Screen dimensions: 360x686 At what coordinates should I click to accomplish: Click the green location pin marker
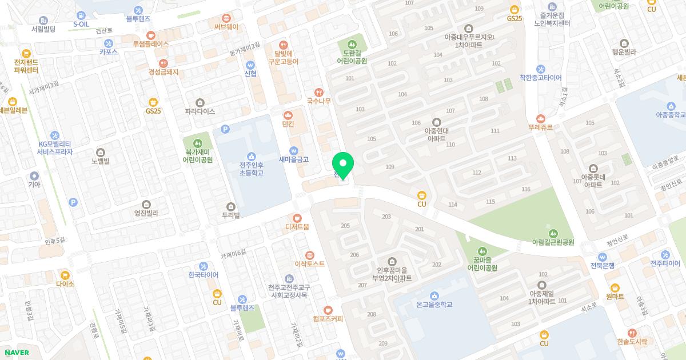click(x=343, y=165)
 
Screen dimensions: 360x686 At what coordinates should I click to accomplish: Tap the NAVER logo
click(x=16, y=353)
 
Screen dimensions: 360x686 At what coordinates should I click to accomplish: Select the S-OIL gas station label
click(x=81, y=25)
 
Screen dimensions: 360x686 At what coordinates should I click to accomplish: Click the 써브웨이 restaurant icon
click(x=226, y=18)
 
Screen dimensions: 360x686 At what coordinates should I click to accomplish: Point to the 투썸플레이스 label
click(x=151, y=43)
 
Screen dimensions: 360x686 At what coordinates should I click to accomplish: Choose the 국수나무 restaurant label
click(x=319, y=101)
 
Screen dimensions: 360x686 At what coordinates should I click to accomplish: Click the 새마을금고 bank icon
click(x=293, y=150)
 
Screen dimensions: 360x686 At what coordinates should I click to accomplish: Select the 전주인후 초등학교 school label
click(x=252, y=169)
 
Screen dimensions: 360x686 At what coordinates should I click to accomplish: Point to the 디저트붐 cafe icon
click(x=297, y=218)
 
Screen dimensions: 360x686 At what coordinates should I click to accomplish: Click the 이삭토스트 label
click(x=309, y=264)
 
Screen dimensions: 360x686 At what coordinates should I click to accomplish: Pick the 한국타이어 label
click(x=203, y=275)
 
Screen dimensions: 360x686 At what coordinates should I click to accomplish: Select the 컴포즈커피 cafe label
click(x=328, y=319)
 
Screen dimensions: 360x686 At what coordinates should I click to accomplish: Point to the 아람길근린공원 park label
click(x=553, y=242)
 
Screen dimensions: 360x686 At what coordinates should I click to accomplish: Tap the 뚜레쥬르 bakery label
click(x=540, y=127)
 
